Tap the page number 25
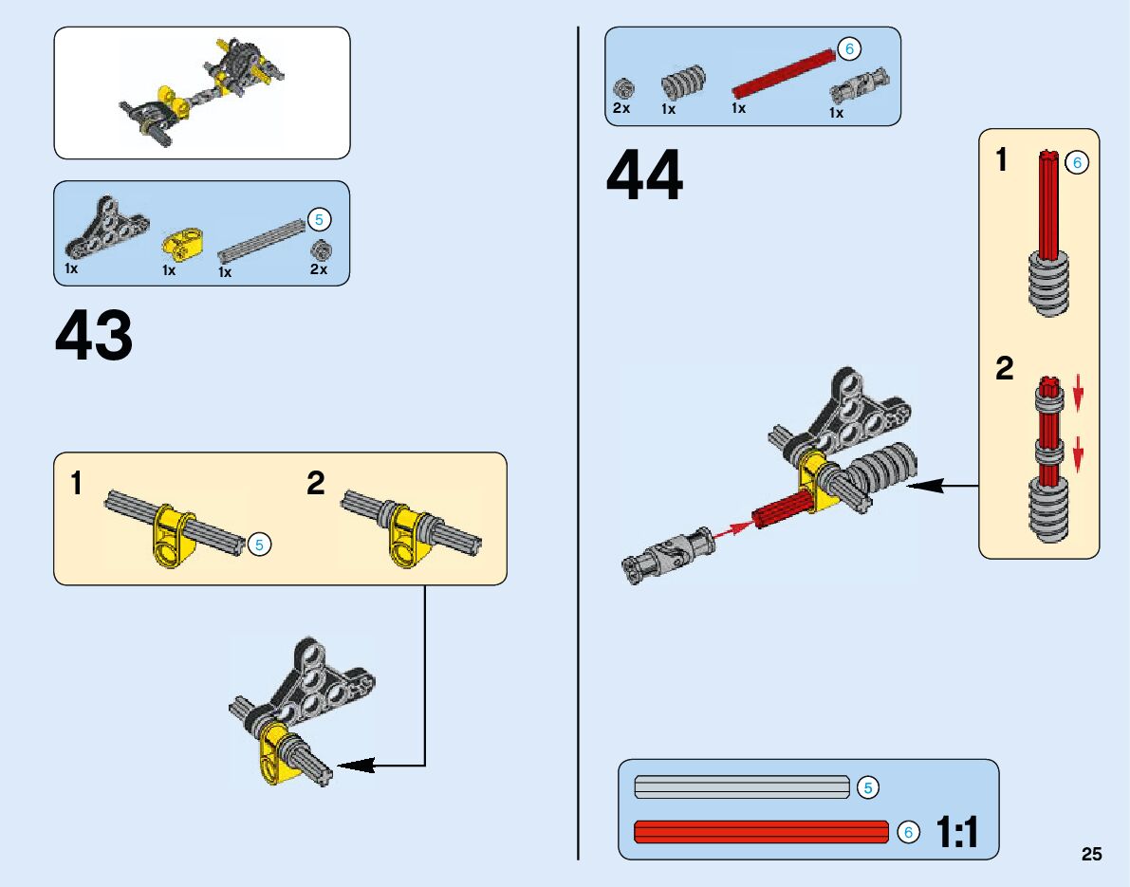pyautogui.click(x=1091, y=854)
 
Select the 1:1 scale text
pyautogui.click(x=956, y=833)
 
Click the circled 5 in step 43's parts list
pyautogui.click(x=319, y=220)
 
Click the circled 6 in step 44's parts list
pyautogui.click(x=848, y=48)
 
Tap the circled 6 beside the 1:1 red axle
pyautogui.click(x=908, y=832)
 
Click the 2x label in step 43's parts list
pyautogui.click(x=318, y=269)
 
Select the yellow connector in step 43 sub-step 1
pyautogui.click(x=173, y=537)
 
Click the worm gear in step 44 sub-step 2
pyautogui.click(x=1048, y=508)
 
